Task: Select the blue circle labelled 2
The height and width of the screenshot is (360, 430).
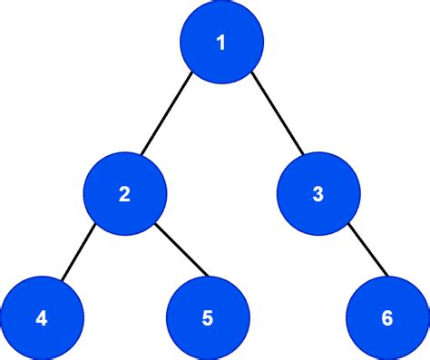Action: pyautogui.click(x=125, y=192)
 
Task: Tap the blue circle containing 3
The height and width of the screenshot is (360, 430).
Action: pyautogui.click(x=318, y=192)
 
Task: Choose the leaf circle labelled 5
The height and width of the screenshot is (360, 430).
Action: pyautogui.click(x=208, y=317)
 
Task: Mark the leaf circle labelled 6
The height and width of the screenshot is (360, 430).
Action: pyautogui.click(x=387, y=317)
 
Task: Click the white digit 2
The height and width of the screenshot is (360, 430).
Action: pyautogui.click(x=125, y=192)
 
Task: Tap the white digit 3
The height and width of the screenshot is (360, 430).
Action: pyautogui.click(x=318, y=192)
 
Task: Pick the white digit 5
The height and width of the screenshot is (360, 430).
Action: pyautogui.click(x=208, y=318)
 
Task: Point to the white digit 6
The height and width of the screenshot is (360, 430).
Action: pyautogui.click(x=387, y=318)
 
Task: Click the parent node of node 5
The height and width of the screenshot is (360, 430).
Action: pyautogui.click(x=125, y=192)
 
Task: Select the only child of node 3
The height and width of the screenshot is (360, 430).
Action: pyautogui.click(x=387, y=317)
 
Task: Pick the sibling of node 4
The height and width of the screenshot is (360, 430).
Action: pyautogui.click(x=208, y=317)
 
